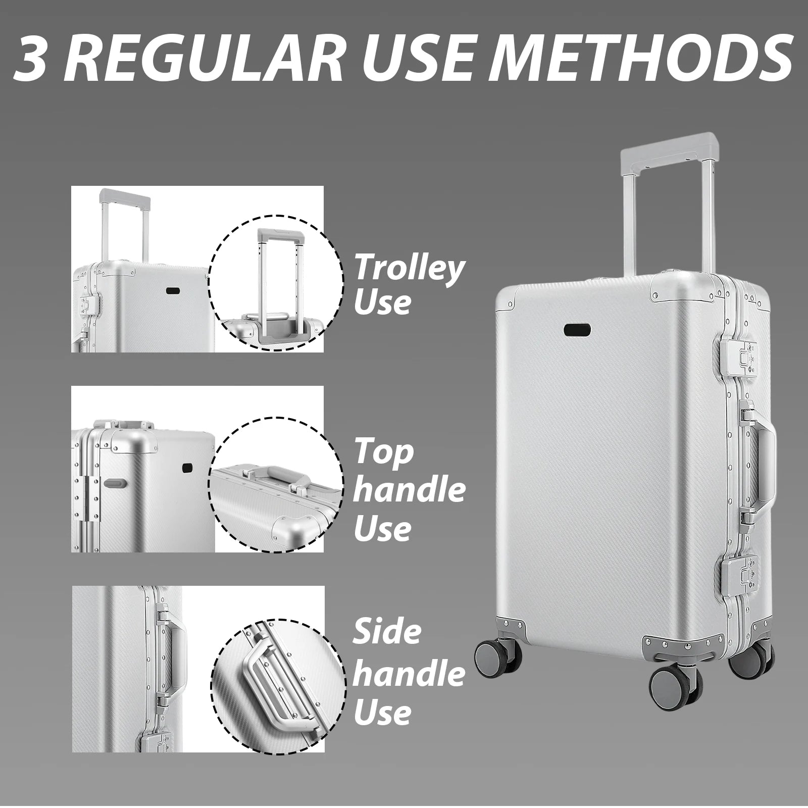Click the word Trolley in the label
tap(408, 269)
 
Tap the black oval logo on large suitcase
tap(579, 329)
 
